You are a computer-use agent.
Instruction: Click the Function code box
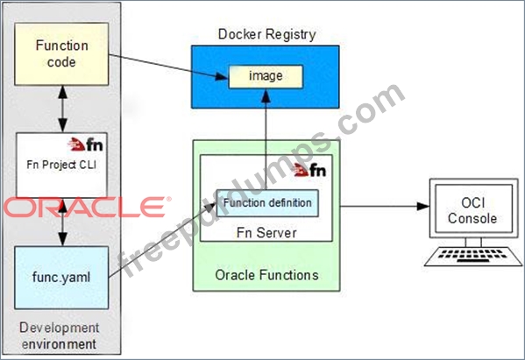point(61,53)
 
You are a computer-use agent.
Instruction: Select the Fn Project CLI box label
point(61,165)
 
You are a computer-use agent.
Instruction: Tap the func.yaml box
point(61,278)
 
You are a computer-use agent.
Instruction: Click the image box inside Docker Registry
point(266,76)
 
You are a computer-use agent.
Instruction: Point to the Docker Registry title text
point(266,34)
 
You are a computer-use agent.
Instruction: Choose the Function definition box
point(267,203)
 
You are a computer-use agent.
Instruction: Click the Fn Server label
point(266,233)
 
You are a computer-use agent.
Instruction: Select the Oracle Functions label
point(266,275)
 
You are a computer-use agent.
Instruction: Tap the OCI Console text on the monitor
point(472,210)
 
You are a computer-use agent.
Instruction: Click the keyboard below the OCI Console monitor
point(473,257)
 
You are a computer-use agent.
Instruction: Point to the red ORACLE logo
point(88,207)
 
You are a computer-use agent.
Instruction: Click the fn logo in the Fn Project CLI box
point(85,145)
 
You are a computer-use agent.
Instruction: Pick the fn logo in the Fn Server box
point(309,170)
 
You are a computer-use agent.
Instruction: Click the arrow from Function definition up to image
point(266,139)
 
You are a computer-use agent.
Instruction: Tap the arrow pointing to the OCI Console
point(385,206)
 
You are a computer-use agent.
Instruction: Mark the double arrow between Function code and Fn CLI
point(62,109)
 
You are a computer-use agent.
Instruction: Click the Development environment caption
point(60,335)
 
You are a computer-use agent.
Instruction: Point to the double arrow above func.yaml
point(62,222)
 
